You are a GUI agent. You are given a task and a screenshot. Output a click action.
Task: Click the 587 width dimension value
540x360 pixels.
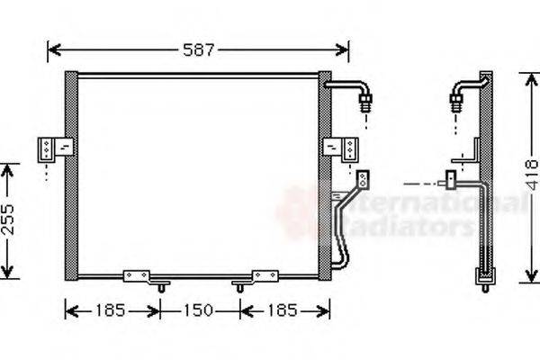click(x=199, y=49)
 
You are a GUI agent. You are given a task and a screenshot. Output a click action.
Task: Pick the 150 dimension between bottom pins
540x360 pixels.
click(x=200, y=311)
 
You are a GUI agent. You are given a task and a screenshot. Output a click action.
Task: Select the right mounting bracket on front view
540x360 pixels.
click(x=340, y=147)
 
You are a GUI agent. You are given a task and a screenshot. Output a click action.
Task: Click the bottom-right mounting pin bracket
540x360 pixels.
click(x=263, y=275)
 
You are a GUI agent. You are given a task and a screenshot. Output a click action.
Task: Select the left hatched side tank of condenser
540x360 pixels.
click(x=72, y=171)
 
